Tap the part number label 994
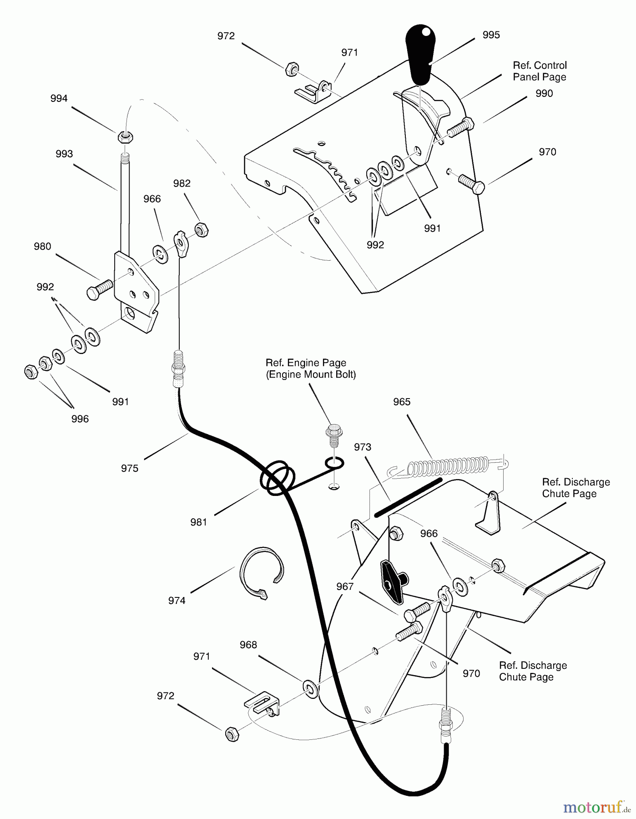tap(59, 99)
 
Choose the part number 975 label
tap(130, 468)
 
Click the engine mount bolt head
tap(334, 430)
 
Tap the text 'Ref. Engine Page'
tap(306, 363)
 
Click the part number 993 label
tap(64, 154)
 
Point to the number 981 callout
tap(199, 522)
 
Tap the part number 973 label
tap(363, 447)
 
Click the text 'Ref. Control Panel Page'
tap(540, 71)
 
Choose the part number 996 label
tap(80, 419)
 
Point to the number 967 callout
tap(345, 587)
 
